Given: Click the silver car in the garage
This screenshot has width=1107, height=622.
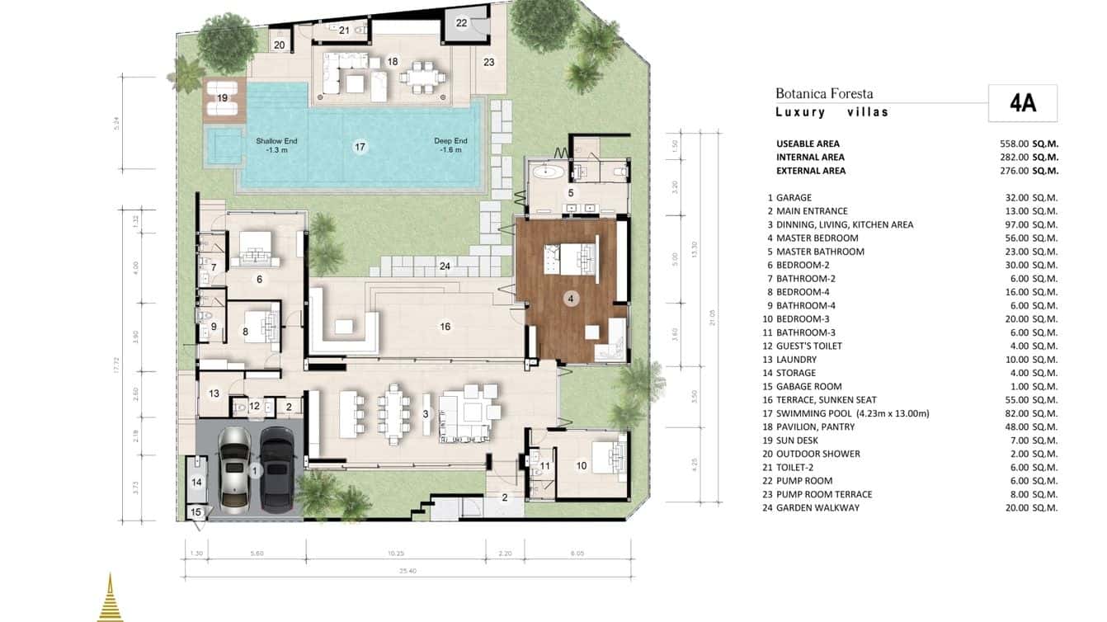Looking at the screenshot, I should coord(234,468).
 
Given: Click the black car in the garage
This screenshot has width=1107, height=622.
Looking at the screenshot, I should coord(276,468).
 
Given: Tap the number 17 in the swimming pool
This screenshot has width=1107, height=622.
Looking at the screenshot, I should coord(360,147).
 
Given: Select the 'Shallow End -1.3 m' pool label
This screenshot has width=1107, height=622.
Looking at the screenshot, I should coord(276,145).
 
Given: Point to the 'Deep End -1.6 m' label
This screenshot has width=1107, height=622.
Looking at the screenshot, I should coord(450,145).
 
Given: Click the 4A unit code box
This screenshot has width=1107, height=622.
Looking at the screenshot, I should coord(1022,103).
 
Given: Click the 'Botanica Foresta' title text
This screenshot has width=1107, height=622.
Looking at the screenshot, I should coord(823,94).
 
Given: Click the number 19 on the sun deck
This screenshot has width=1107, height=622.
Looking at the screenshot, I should coord(222,98).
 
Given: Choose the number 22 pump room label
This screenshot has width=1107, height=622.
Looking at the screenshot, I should coord(461,23).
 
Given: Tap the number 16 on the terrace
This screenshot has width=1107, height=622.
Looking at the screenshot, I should coord(445,327).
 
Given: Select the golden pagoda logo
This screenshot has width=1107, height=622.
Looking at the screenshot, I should coord(110,598).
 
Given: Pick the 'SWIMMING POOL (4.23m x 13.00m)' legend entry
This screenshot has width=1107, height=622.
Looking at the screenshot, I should coord(852,413).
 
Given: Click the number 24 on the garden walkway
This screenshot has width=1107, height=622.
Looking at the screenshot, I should coord(445,266).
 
